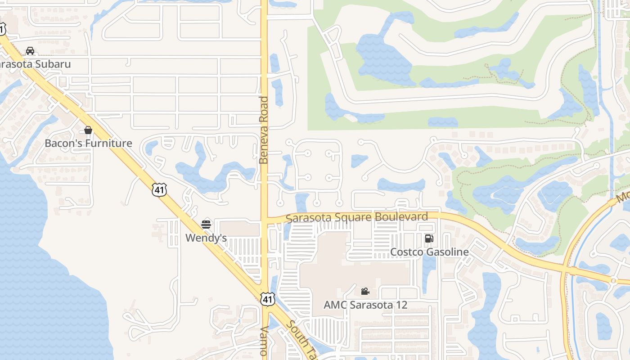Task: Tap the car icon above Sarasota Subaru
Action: click(30, 51)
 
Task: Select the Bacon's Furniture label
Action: click(88, 144)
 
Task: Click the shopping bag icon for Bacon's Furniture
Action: click(88, 130)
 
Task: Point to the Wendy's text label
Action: click(206, 238)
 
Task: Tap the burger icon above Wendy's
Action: click(206, 224)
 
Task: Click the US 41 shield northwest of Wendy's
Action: click(159, 190)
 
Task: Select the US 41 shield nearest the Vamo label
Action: click(267, 298)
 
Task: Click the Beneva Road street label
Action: click(264, 130)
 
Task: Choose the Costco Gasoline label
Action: click(429, 252)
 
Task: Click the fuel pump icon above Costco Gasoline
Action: click(429, 238)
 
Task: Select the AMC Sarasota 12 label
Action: click(365, 305)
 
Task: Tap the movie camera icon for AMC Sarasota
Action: click(365, 292)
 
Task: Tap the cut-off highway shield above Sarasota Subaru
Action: click(2, 30)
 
